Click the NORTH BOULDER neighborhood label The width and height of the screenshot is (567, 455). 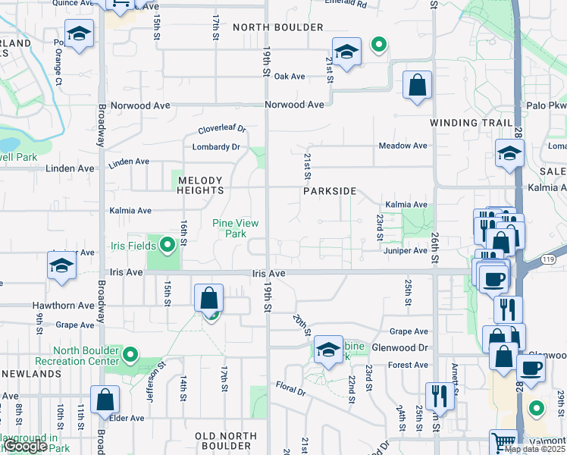pos(268,27)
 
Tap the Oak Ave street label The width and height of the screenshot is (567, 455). pos(290,77)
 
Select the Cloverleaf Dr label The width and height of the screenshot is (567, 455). pos(224,130)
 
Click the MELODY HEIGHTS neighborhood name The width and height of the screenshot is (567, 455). pos(200,186)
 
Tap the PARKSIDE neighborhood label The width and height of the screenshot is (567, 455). pos(330,192)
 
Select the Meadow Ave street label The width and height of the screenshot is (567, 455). pos(404,146)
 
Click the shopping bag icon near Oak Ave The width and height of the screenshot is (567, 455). pos(417,86)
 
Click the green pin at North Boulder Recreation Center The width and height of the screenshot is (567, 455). pos(130,354)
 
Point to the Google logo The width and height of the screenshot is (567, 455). pos(25,447)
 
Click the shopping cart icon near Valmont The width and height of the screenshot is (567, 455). pos(503,442)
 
